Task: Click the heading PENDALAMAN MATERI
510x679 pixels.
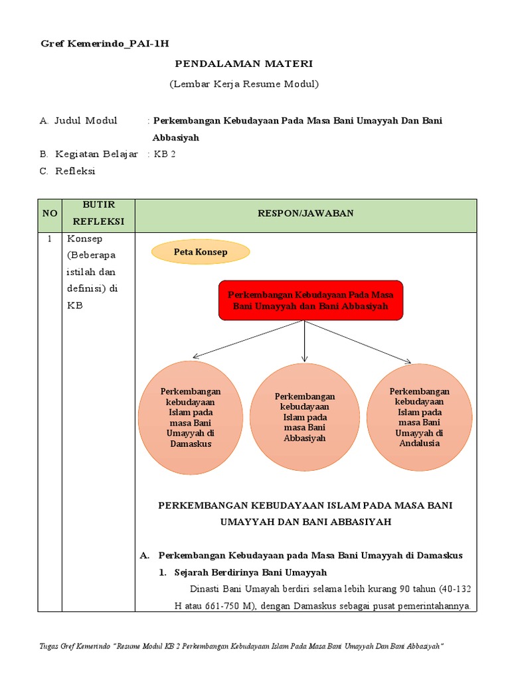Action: (243, 64)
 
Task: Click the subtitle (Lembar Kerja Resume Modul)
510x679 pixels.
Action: (243, 84)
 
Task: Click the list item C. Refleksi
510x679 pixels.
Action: (68, 171)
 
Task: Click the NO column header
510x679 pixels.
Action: (50, 214)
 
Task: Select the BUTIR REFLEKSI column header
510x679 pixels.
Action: (98, 214)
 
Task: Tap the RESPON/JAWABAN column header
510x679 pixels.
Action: (305, 213)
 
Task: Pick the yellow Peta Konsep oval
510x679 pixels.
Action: (201, 252)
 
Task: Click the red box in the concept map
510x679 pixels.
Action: (310, 300)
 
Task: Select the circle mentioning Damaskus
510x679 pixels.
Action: (191, 418)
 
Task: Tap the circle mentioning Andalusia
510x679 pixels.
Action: (419, 418)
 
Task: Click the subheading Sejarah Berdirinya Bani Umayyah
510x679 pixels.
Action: (250, 572)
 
